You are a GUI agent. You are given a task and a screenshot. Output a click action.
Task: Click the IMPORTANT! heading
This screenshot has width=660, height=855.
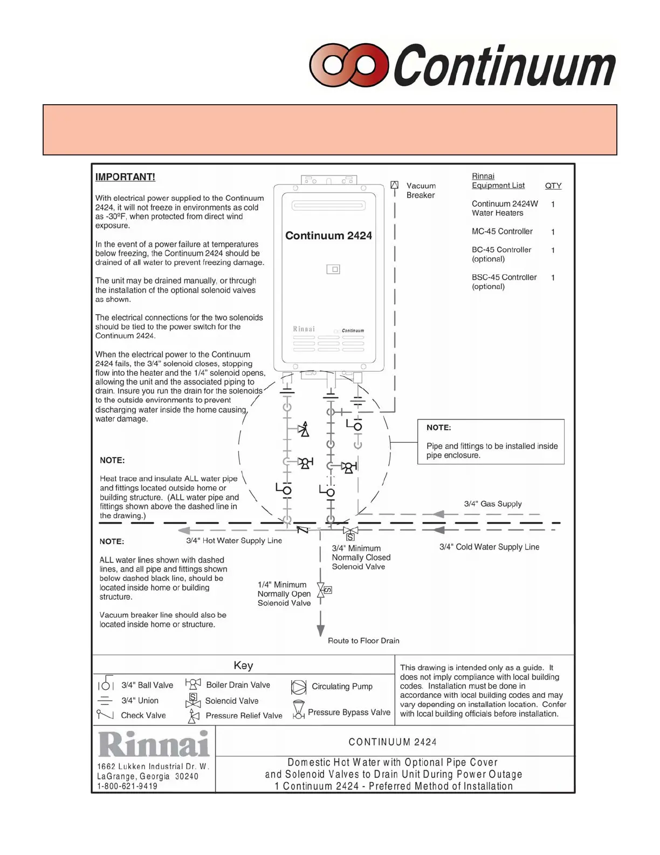125,177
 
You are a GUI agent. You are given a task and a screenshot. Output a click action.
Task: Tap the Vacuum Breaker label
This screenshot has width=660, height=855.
421,191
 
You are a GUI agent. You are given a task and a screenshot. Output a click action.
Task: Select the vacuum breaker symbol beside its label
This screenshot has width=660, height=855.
395,185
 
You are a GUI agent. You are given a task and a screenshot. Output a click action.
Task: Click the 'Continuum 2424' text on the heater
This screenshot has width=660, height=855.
328,236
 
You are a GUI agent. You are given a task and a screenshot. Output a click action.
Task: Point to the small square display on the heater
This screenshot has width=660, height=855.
333,269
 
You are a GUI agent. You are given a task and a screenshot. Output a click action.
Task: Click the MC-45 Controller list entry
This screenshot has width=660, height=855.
502,232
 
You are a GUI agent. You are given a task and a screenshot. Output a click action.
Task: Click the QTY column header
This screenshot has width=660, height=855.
553,186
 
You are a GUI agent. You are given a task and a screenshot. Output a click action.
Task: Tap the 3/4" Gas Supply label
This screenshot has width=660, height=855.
493,504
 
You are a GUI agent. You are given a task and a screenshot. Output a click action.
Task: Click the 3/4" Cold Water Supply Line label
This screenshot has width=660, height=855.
489,547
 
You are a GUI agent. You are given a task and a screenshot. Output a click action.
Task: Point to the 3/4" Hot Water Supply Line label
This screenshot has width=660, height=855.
234,540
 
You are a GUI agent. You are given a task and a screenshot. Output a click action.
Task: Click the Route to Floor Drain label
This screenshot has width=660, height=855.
363,641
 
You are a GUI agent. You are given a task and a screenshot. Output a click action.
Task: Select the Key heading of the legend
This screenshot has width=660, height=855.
243,666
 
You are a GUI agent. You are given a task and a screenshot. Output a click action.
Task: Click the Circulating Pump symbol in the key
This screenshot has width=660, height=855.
299,687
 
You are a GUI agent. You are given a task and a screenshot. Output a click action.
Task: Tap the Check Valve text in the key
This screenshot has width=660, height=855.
143,715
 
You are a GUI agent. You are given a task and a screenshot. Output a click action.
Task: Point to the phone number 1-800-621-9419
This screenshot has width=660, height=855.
127,786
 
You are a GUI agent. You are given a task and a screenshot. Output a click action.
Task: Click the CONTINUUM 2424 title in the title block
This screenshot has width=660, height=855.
393,742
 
